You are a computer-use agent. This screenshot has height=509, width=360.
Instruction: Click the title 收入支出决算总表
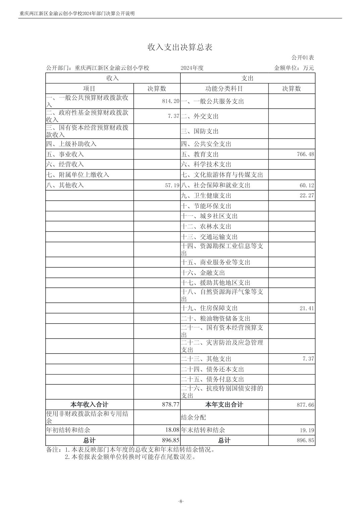[180, 47]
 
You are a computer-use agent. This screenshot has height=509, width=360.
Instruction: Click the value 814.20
[171, 101]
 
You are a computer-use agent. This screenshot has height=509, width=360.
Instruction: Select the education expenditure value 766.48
[305, 154]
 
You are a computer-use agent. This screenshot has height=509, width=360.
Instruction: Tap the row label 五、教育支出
[200, 154]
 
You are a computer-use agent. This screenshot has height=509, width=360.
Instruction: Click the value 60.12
[307, 185]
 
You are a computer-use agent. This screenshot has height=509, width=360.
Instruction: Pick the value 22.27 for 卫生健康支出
[307, 196]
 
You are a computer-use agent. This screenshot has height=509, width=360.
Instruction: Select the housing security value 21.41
[307, 308]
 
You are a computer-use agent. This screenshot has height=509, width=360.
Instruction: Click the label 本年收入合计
[89, 405]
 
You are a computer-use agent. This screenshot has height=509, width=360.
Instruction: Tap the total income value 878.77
[171, 405]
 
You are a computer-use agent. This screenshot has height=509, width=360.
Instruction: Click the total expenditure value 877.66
[305, 405]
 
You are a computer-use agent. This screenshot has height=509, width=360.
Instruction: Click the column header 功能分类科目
[224, 88]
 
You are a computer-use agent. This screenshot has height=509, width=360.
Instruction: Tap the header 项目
[89, 88]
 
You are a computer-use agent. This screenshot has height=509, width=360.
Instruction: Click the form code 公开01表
[302, 58]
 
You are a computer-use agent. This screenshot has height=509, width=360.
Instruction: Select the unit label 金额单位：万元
[294, 68]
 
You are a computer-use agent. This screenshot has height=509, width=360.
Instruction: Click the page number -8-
[181, 501]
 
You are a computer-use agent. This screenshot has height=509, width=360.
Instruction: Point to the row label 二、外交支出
[200, 116]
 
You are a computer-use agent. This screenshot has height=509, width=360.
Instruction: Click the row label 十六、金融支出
[203, 273]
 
